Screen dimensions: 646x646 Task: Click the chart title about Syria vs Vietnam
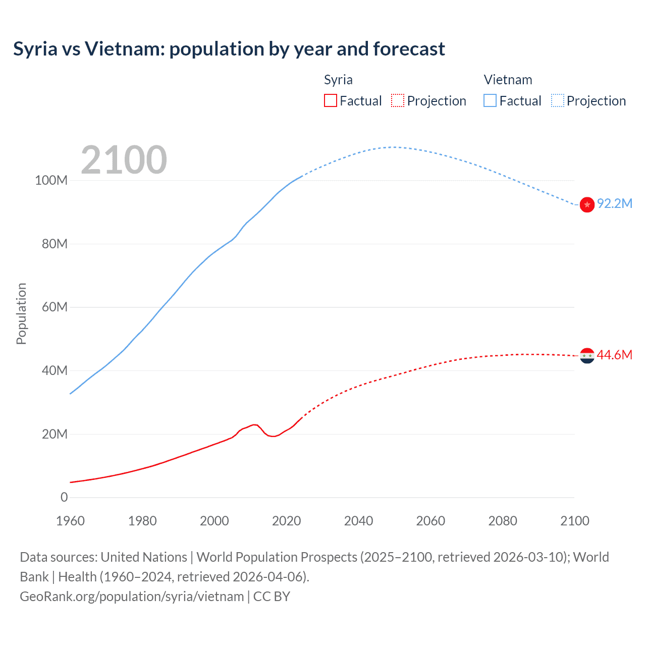coord(229,49)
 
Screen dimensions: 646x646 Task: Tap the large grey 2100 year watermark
coord(124,160)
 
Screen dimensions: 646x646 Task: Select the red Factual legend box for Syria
coord(330,100)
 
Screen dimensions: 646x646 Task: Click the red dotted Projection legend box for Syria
coord(398,100)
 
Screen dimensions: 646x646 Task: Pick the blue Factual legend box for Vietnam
coord(490,100)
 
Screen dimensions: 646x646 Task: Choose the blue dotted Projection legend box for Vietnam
coord(558,100)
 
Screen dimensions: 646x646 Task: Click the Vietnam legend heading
coord(508,80)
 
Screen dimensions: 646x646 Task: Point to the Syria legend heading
coord(338,80)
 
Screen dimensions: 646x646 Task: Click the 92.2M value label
coord(614,203)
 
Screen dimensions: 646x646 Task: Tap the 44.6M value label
coord(614,355)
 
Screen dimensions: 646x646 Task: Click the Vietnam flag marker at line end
coord(587,204)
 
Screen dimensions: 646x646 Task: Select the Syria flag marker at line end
coord(587,356)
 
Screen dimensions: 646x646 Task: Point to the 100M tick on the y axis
coord(51,181)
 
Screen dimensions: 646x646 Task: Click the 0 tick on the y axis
coord(64,497)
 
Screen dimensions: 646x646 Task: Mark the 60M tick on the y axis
coord(54,307)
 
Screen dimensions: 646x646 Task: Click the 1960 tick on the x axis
coord(70,521)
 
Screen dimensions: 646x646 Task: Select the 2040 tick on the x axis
coord(358,521)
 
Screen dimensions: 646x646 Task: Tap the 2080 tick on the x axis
coord(503,521)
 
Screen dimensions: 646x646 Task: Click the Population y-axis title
coord(21,313)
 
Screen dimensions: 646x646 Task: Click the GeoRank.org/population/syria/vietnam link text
coord(132,597)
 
